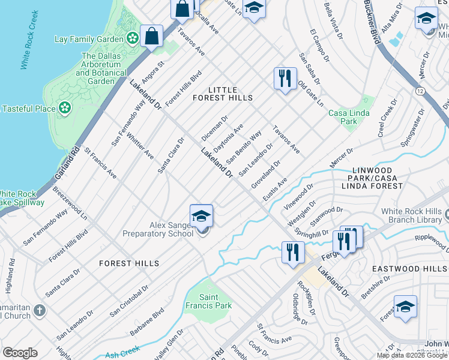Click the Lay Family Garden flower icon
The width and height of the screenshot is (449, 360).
click(133, 39)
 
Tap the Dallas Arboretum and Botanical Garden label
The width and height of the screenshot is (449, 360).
click(97, 68)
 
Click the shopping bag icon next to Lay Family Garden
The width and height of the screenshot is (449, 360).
click(152, 36)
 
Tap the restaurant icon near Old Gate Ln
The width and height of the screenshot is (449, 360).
click(284, 78)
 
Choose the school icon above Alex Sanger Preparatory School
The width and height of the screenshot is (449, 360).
click(202, 216)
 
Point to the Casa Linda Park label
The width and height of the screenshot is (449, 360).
click(343, 117)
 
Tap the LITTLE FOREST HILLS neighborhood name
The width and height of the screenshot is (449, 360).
click(222, 94)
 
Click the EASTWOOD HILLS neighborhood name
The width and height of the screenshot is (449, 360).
click(409, 269)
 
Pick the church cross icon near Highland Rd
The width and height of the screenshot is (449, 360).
click(40, 311)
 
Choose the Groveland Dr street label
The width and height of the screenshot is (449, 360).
click(266, 174)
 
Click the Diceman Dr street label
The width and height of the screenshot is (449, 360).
click(214, 128)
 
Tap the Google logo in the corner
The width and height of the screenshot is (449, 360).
click(20, 353)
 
